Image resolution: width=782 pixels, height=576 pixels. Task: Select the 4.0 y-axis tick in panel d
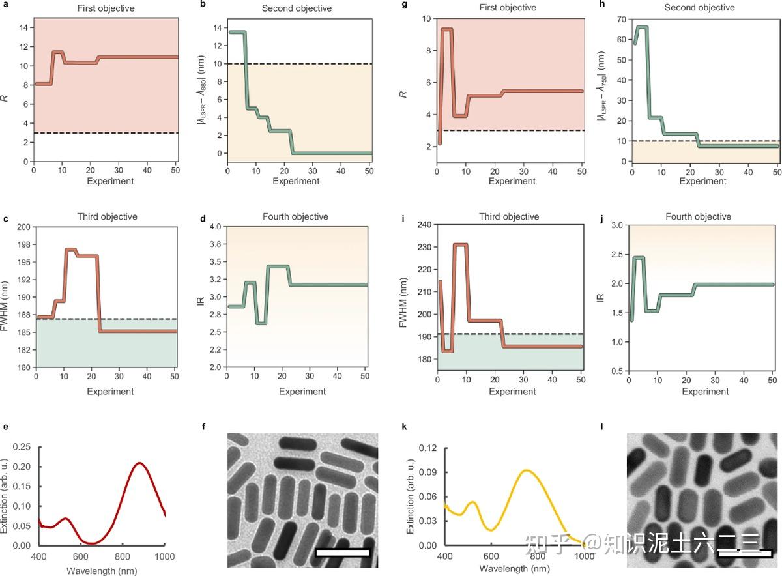click(x=213, y=227)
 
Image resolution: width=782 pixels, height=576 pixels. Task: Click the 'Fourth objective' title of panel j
click(x=699, y=216)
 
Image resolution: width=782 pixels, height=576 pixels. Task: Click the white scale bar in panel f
click(x=342, y=553)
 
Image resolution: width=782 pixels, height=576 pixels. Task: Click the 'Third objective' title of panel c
click(x=106, y=216)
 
